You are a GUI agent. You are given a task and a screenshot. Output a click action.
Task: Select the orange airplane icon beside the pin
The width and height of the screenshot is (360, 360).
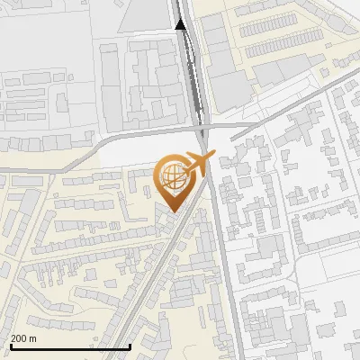(x=195, y=165)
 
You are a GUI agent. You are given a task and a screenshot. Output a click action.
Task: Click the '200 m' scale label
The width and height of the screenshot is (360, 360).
(x=23, y=338)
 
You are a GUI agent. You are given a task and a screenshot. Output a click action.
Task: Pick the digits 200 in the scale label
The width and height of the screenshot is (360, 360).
(x=19, y=338)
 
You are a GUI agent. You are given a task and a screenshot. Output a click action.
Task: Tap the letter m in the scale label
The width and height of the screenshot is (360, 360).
(x=32, y=338)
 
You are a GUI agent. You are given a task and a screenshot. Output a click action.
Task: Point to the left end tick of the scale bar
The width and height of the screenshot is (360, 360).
(x=11, y=345)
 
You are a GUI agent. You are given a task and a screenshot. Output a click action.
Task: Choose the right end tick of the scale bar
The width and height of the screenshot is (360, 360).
(x=130, y=345)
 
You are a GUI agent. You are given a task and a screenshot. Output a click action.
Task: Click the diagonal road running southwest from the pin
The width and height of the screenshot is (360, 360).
(x=144, y=279)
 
